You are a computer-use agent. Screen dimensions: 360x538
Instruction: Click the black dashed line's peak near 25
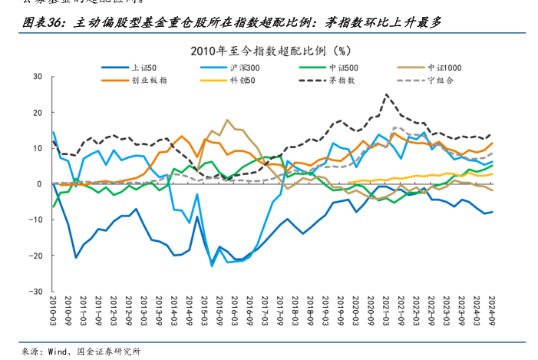[x=386, y=94]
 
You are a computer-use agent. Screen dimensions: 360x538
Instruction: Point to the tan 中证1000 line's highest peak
[x=226, y=120]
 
